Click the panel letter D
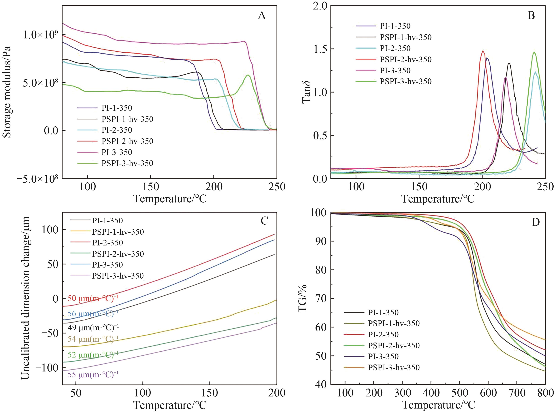point(535,222)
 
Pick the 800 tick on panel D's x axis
point(545,393)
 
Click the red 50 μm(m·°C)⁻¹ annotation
point(93,298)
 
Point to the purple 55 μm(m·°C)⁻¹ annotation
point(93,375)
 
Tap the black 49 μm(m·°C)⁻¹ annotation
point(93,327)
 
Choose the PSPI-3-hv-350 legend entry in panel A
point(127,163)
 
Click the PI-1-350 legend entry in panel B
point(395,26)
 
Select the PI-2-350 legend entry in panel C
point(108,243)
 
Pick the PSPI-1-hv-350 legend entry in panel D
point(394,323)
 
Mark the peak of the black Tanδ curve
point(509,63)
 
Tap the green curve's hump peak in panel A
point(248,75)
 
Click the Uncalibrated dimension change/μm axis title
point(25,298)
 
